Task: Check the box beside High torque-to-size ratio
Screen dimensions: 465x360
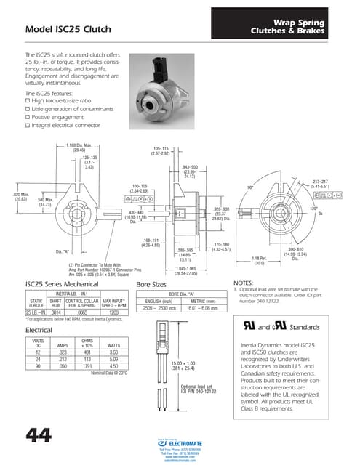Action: click(28, 101)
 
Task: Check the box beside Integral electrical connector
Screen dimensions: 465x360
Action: click(28, 125)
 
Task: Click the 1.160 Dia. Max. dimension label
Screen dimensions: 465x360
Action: click(77, 147)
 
